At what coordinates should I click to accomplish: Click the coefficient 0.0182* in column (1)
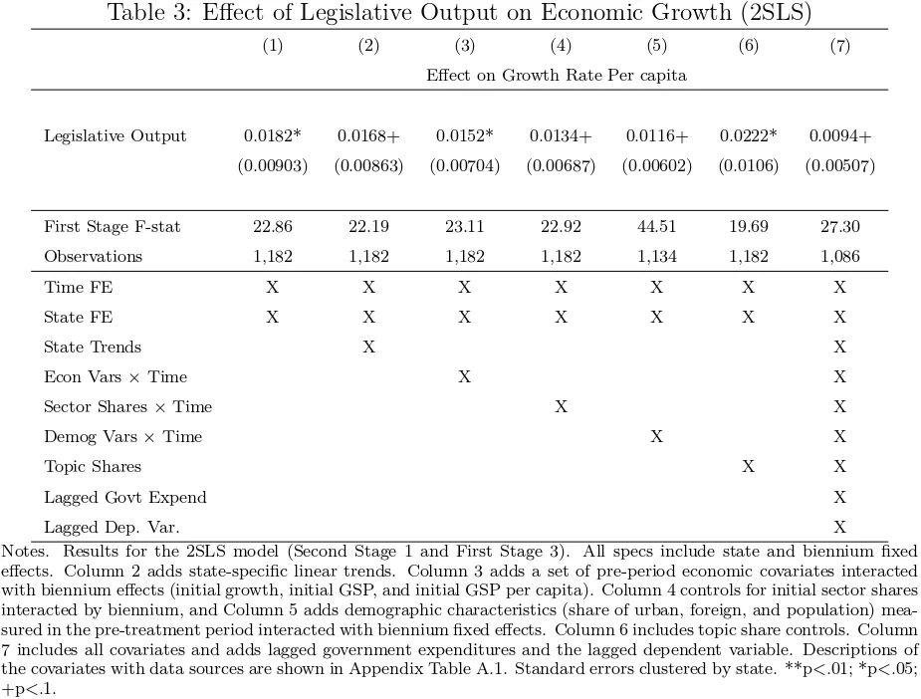coord(273,136)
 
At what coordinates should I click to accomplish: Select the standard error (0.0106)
coord(749,166)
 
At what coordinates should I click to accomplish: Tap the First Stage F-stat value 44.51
coord(657,227)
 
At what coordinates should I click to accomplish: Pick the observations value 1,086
coord(840,257)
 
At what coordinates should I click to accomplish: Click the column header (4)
coord(561,46)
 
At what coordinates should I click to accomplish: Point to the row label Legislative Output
coord(115,136)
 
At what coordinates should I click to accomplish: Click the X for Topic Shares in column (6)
coord(748,467)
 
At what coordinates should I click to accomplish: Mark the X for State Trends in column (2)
coord(368,348)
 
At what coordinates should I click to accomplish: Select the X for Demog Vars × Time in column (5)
coord(657,437)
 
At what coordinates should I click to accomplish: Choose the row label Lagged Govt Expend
coord(125,498)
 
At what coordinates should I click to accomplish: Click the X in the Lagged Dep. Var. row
coord(840,527)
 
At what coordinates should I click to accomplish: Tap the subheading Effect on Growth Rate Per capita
coord(557,76)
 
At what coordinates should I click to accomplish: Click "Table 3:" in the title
coord(149,12)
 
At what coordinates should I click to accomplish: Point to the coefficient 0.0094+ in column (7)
coord(840,136)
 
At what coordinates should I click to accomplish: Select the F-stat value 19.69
coord(749,227)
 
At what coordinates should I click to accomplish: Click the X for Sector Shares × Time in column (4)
coord(561,407)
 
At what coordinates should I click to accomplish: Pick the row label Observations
coord(93,257)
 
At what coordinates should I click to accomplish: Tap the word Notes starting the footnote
coord(25,552)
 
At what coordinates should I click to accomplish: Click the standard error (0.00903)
coord(273,166)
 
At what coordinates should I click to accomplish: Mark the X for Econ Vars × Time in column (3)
coord(465,377)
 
